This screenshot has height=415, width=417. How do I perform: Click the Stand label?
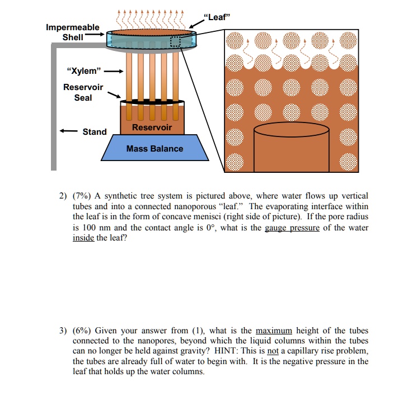(x=94, y=132)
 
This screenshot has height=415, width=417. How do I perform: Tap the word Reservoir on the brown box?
(x=152, y=128)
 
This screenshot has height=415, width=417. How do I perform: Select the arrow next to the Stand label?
(x=69, y=132)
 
